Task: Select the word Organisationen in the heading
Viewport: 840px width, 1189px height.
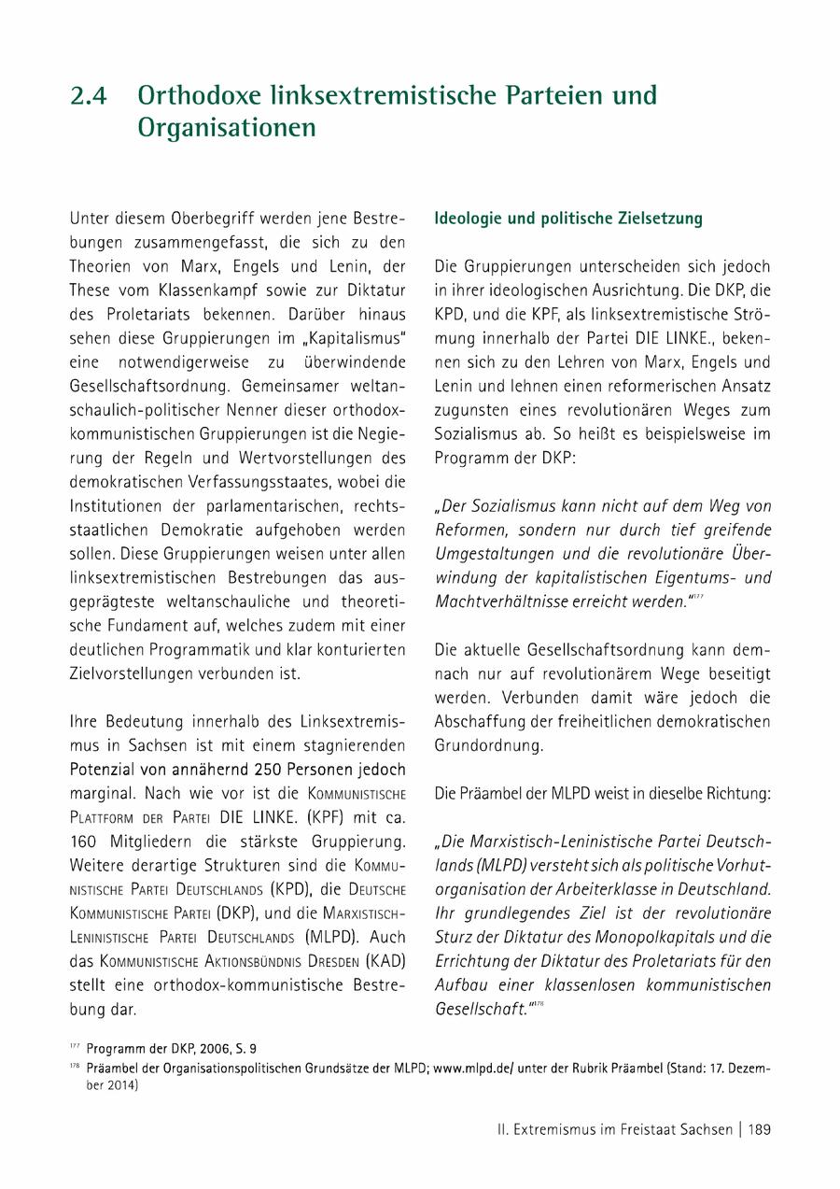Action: [227, 128]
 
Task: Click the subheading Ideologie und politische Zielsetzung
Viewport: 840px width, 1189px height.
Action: [568, 219]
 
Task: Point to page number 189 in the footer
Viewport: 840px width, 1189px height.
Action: [759, 1129]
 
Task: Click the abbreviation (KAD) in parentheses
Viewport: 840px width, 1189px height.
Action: [385, 960]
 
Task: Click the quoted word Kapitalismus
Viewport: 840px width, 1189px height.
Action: [343, 338]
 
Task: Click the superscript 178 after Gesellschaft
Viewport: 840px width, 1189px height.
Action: [539, 1003]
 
